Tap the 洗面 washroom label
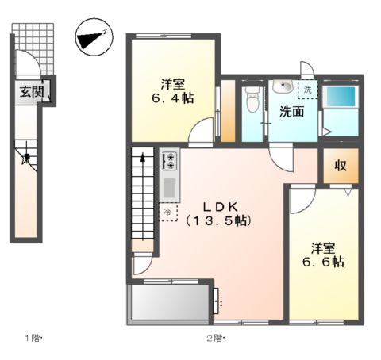[x=291, y=112]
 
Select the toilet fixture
[x=252, y=100]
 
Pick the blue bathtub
[x=341, y=98]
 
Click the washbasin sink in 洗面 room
[x=280, y=87]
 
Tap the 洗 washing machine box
[x=306, y=89]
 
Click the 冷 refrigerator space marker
[x=168, y=213]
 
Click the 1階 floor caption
[x=33, y=339]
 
